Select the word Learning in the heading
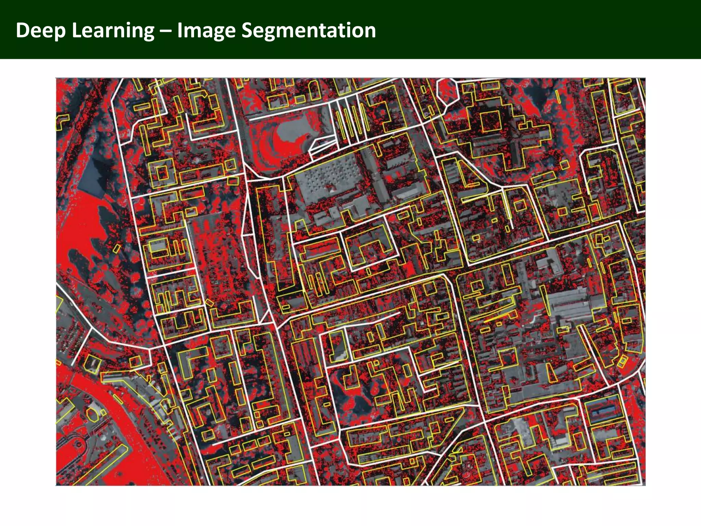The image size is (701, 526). point(113,30)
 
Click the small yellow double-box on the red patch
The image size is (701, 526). point(622,361)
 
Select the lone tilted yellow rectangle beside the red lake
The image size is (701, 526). point(117,248)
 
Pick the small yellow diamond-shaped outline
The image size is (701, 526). point(209,303)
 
